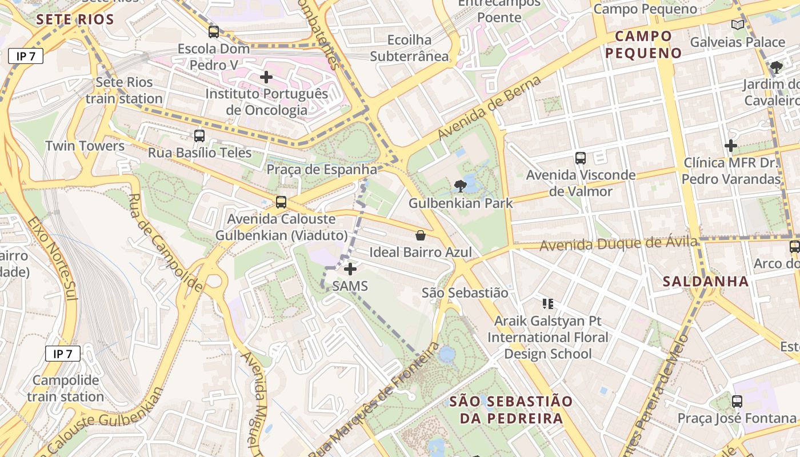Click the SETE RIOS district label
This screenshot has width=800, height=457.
click(75, 19)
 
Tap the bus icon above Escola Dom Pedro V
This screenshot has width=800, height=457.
click(213, 32)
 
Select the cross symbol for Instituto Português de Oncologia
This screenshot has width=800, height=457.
click(266, 77)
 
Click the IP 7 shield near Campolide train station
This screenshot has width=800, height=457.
click(63, 354)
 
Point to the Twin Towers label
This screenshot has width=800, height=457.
click(85, 146)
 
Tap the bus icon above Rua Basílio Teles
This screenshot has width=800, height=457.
click(199, 136)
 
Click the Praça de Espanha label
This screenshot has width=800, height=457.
click(322, 170)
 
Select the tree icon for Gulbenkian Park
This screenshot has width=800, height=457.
click(459, 186)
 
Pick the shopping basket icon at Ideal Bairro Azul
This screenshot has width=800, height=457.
click(421, 235)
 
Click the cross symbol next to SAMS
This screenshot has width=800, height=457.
click(350, 269)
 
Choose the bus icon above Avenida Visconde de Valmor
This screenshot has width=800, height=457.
click(581, 158)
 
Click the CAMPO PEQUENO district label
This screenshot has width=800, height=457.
click(643, 45)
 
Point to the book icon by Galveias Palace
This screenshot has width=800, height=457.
click(738, 25)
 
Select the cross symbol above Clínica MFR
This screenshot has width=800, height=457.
click(731, 146)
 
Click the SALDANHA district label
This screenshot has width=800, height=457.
click(706, 281)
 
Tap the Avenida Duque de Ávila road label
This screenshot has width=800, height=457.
click(618, 244)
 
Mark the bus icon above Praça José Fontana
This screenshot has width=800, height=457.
click(737, 401)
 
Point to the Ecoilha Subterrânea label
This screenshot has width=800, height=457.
click(410, 48)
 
